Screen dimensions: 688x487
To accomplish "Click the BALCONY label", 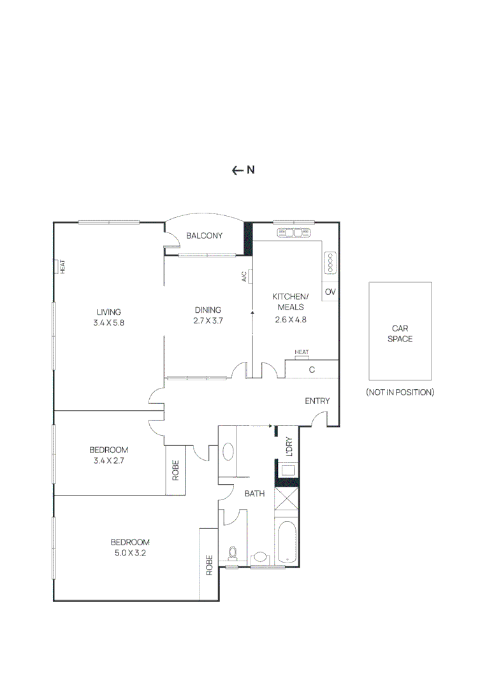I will click(204, 236).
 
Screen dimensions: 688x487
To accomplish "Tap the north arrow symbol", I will click(243, 170).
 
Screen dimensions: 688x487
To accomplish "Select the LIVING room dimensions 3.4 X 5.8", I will click(108, 322).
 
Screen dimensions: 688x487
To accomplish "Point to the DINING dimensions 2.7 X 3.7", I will click(208, 320).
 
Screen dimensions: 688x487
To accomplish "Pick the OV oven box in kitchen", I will click(330, 292).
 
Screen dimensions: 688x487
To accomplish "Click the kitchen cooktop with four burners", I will click(330, 261).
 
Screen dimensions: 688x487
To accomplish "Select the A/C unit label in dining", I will click(244, 277).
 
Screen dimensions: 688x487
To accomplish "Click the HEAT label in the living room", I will click(62, 268).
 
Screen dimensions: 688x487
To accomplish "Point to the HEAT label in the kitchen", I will click(302, 352).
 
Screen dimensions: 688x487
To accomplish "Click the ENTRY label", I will click(317, 401).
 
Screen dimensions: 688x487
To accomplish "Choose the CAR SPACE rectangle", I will click(400, 331).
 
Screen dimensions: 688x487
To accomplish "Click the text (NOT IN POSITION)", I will click(400, 392).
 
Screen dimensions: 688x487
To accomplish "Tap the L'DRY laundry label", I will click(289, 447).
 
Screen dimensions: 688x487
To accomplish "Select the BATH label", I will click(255, 493).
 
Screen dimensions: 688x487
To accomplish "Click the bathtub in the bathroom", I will click(287, 543).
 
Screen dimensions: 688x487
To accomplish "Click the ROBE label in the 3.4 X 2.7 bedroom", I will click(176, 470).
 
